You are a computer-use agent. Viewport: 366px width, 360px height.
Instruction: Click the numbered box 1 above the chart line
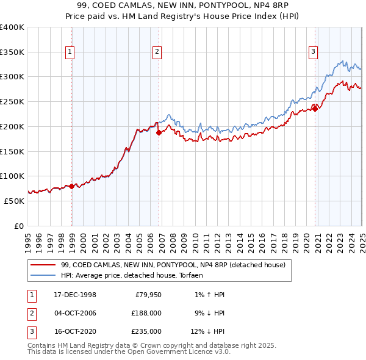pos(71,52)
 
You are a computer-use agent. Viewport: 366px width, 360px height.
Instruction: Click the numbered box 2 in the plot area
pos(157,52)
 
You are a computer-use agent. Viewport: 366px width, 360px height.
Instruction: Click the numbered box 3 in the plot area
pos(313,52)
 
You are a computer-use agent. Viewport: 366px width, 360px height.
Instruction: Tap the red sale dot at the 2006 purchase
pos(159,132)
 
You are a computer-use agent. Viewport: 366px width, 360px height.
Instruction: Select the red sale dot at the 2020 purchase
pos(315,109)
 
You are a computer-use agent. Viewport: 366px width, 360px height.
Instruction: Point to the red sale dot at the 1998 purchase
pos(72,186)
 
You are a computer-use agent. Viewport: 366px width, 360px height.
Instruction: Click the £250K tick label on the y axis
pos(12,102)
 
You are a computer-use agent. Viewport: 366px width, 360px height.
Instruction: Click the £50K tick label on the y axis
pos(15,201)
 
